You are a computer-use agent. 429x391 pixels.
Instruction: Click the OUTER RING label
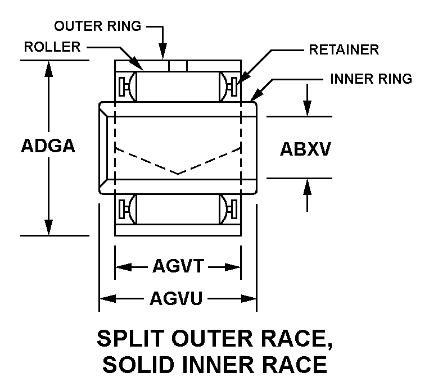(98, 26)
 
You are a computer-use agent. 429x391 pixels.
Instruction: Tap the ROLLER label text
(52, 47)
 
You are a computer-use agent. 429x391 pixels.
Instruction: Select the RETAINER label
(344, 49)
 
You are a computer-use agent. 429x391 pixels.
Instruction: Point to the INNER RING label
(371, 78)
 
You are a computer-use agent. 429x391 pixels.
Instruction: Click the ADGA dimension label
(48, 146)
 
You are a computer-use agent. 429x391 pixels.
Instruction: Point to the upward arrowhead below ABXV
(307, 186)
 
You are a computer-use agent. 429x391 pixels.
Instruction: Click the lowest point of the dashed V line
(178, 174)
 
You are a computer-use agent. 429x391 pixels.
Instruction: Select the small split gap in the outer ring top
(178, 65)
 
